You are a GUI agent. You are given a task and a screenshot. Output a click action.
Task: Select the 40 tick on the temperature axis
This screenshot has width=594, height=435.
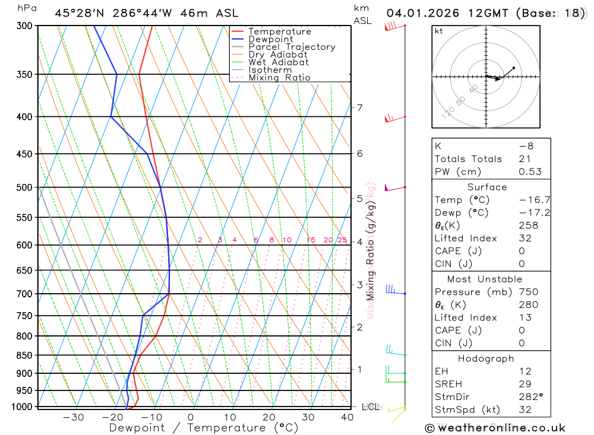click(x=347, y=417)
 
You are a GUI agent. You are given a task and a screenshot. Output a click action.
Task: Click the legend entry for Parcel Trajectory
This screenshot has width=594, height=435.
click(x=291, y=47)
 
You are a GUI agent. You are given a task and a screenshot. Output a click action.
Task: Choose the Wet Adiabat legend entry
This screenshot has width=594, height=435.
click(x=278, y=62)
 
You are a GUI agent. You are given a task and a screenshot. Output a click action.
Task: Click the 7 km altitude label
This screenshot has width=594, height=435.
click(x=359, y=107)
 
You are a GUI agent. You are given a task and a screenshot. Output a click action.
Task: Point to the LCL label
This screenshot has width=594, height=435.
click(x=371, y=407)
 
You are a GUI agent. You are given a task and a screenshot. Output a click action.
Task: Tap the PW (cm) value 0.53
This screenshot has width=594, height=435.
click(x=530, y=172)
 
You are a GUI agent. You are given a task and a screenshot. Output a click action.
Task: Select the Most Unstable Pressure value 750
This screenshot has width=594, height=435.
click(x=528, y=292)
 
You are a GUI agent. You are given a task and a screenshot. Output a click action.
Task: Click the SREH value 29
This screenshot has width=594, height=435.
click(x=525, y=384)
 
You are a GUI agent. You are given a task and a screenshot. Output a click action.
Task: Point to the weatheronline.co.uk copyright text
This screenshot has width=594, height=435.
click(x=495, y=428)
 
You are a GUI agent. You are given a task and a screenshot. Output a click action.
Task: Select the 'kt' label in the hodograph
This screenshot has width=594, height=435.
click(x=439, y=31)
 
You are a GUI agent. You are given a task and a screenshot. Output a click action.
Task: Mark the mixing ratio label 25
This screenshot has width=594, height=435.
click(x=342, y=240)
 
